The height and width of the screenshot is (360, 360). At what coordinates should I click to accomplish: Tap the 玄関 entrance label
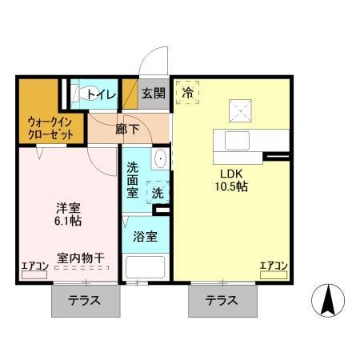pos(154,94)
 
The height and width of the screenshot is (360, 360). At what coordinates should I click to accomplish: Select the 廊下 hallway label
pos(127,126)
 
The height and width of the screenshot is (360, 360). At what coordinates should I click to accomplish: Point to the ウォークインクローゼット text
pos(46,128)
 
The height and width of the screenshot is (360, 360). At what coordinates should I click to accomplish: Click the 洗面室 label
pos(134,181)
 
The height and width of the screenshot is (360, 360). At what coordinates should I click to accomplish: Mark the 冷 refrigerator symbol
pos(188,92)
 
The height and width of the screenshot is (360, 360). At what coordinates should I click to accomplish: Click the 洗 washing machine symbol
pos(158,193)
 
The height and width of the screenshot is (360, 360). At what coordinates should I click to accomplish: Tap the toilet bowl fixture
pos(81,94)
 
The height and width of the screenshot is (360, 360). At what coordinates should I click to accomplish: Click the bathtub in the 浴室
pos(145,266)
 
